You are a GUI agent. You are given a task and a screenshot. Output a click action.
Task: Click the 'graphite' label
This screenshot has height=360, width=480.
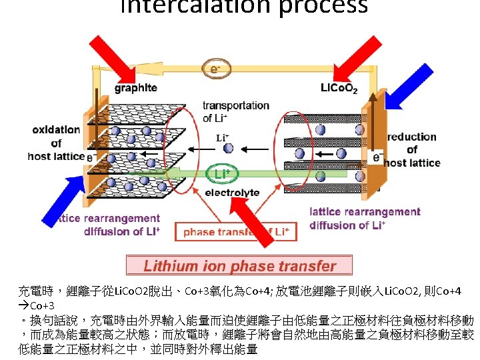(136, 87)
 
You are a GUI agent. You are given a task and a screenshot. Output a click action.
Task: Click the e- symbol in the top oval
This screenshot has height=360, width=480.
(215, 68)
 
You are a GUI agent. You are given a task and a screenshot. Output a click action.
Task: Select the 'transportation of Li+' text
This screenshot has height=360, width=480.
(236, 112)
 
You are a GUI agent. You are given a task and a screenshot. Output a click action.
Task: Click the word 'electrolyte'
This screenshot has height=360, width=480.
(232, 193)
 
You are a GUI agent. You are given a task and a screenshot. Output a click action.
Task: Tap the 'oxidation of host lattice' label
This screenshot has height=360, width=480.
(56, 143)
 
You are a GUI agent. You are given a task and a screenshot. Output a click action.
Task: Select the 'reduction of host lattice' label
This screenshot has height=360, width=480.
(411, 150)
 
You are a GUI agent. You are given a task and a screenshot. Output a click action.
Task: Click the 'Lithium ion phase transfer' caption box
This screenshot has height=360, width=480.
(239, 266)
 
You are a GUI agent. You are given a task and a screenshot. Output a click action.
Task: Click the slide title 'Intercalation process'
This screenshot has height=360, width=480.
(243, 7)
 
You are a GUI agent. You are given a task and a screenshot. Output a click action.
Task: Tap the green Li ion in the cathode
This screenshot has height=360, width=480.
(321, 175)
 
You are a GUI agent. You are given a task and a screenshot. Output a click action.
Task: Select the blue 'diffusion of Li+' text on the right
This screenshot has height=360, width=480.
(347, 225)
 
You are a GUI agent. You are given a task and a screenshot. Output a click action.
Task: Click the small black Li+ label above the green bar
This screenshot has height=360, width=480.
(223, 138)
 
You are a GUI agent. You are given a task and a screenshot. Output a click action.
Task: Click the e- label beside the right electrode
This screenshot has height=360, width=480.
(377, 157)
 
